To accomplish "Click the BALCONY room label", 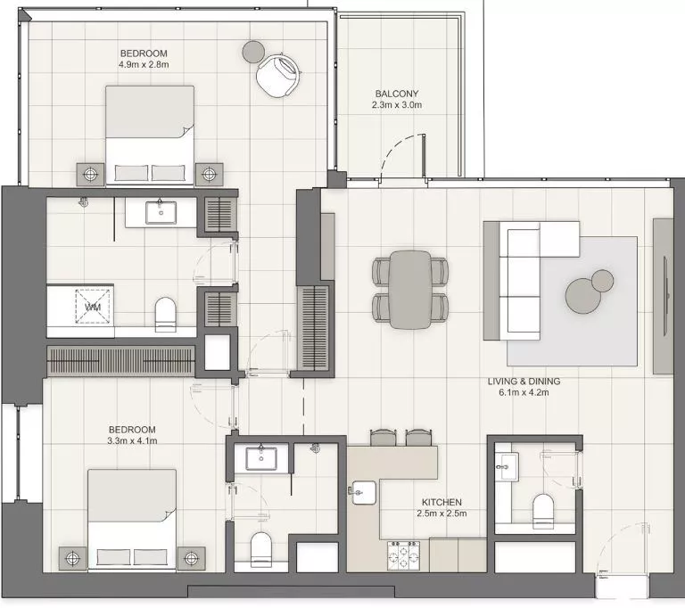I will click(x=396, y=94).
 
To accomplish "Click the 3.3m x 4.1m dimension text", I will click(x=132, y=440).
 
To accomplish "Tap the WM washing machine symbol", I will click(x=91, y=307).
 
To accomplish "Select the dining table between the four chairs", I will click(x=409, y=289).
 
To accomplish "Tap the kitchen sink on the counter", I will click(x=364, y=491).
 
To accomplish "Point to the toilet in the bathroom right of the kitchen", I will click(x=543, y=511).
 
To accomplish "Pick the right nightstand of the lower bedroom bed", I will click(x=190, y=557).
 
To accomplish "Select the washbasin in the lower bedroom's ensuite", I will click(x=261, y=458).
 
